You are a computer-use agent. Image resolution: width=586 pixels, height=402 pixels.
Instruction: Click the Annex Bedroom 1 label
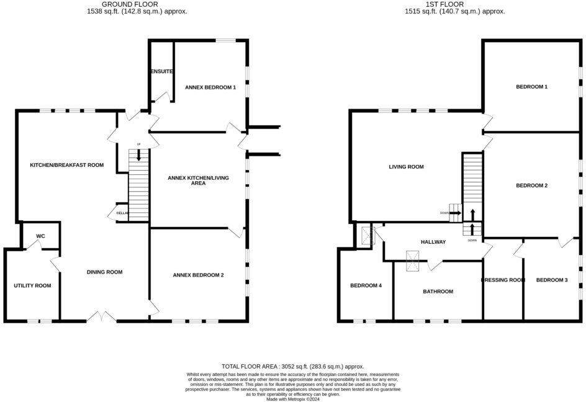(210, 87)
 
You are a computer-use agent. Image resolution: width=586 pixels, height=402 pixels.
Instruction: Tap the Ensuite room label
(161, 71)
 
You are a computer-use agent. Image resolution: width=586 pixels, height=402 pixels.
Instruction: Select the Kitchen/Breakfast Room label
(67, 165)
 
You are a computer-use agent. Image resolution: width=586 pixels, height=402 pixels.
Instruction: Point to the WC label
(41, 236)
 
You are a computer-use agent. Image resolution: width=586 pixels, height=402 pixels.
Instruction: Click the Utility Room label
(32, 285)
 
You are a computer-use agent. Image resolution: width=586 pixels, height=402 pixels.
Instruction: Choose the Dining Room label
(104, 272)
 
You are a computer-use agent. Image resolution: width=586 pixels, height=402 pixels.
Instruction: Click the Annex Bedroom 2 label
(198, 274)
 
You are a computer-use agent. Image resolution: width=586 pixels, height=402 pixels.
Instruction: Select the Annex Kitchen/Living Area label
(198, 181)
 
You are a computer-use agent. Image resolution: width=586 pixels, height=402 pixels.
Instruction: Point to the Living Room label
(406, 166)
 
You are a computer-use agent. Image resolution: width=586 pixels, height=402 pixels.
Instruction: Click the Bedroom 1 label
(531, 87)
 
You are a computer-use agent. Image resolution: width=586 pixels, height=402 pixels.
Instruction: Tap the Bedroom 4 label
(366, 285)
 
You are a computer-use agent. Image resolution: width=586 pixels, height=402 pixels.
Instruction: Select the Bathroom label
(438, 291)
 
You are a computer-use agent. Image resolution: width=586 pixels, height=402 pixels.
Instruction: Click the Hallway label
(433, 241)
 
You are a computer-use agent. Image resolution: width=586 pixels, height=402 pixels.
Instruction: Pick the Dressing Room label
(503, 280)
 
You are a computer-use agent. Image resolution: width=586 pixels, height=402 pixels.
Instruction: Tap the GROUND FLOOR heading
(137, 4)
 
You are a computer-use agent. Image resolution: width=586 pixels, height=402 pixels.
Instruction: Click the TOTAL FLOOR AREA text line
(292, 367)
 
